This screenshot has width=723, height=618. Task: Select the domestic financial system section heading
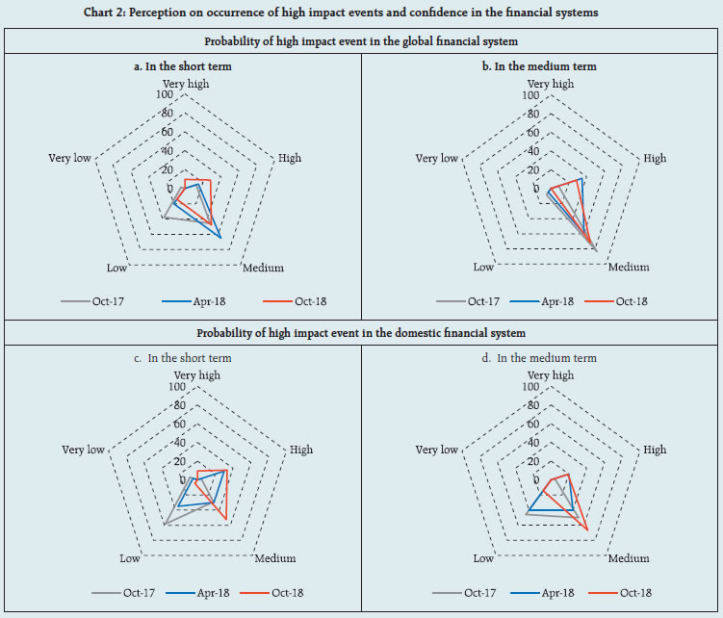tap(361, 333)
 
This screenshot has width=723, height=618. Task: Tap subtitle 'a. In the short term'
tap(188, 66)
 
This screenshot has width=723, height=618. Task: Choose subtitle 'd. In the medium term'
tap(546, 358)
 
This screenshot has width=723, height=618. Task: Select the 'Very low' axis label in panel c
tap(83, 450)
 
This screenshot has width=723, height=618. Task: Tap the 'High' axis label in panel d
tap(655, 450)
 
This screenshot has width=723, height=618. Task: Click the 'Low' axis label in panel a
tap(117, 267)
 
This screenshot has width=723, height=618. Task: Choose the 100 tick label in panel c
tap(176, 387)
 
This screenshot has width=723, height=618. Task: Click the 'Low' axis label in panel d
tap(483, 558)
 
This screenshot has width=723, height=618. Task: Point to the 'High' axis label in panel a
tap(290, 158)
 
